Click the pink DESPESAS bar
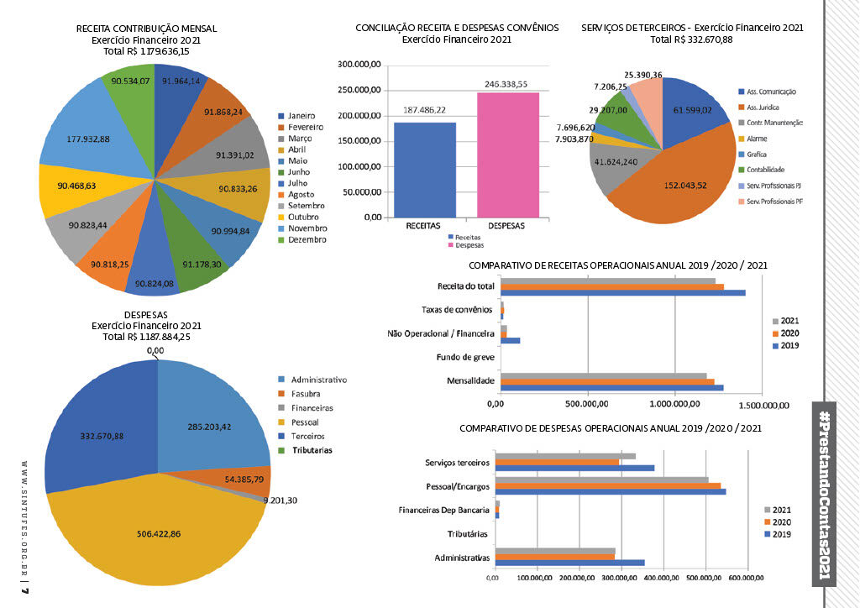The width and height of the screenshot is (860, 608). click(508, 155)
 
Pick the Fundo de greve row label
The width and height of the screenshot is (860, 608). click(465, 358)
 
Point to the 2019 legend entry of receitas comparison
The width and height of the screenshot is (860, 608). click(788, 345)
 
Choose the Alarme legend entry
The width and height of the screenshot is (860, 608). click(753, 139)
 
